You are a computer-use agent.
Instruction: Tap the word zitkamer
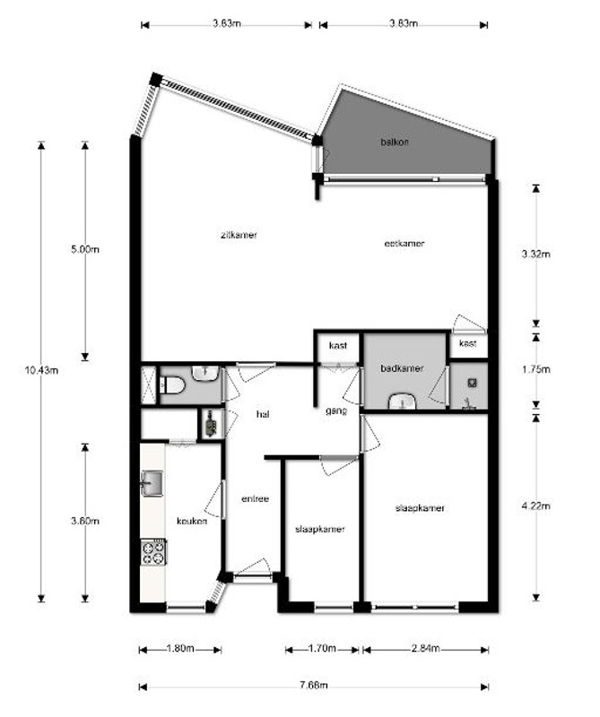pyautogui.click(x=239, y=235)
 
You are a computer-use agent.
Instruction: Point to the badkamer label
pyautogui.click(x=401, y=368)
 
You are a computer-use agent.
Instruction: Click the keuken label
pyautogui.click(x=192, y=521)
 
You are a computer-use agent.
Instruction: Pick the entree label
pyautogui.click(x=256, y=499)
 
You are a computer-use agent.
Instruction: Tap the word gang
pyautogui.click(x=336, y=410)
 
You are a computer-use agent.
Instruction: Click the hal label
pyautogui.click(x=263, y=414)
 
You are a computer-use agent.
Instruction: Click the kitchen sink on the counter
pyautogui.click(x=151, y=485)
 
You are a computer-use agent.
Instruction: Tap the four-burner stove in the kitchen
pyautogui.click(x=153, y=551)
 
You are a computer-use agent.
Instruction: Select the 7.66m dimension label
pyautogui.click(x=314, y=687)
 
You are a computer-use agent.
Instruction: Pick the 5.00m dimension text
pyautogui.click(x=85, y=250)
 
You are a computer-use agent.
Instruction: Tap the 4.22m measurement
pyautogui.click(x=536, y=506)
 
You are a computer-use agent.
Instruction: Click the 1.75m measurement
pyautogui.click(x=536, y=368)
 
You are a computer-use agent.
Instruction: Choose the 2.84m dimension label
pyautogui.click(x=425, y=649)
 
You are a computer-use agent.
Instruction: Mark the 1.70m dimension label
pyautogui.click(x=322, y=649)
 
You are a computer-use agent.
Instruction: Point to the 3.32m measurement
pyautogui.click(x=536, y=254)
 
